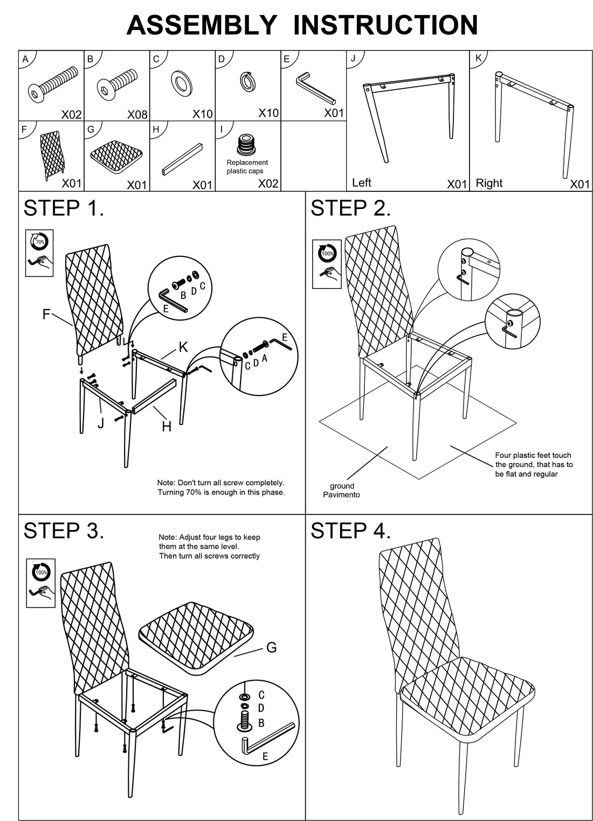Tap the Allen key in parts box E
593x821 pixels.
click(x=315, y=88)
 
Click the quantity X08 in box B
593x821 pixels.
click(x=137, y=114)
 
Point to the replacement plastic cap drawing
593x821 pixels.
click(x=247, y=144)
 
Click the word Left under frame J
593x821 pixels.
click(x=361, y=183)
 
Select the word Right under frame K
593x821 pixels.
click(x=489, y=183)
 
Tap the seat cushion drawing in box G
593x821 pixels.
click(x=116, y=154)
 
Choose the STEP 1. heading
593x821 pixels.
click(x=64, y=208)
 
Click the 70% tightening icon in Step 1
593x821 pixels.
click(x=39, y=242)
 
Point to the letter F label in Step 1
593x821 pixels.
click(x=47, y=314)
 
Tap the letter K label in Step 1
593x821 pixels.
click(x=183, y=347)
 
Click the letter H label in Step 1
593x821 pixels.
click(x=167, y=427)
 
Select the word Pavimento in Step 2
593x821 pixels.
click(x=341, y=495)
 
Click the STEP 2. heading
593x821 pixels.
click(x=350, y=208)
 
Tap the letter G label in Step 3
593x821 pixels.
click(x=272, y=647)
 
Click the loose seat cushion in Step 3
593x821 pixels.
click(x=197, y=635)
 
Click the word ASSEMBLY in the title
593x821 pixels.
click(x=202, y=25)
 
